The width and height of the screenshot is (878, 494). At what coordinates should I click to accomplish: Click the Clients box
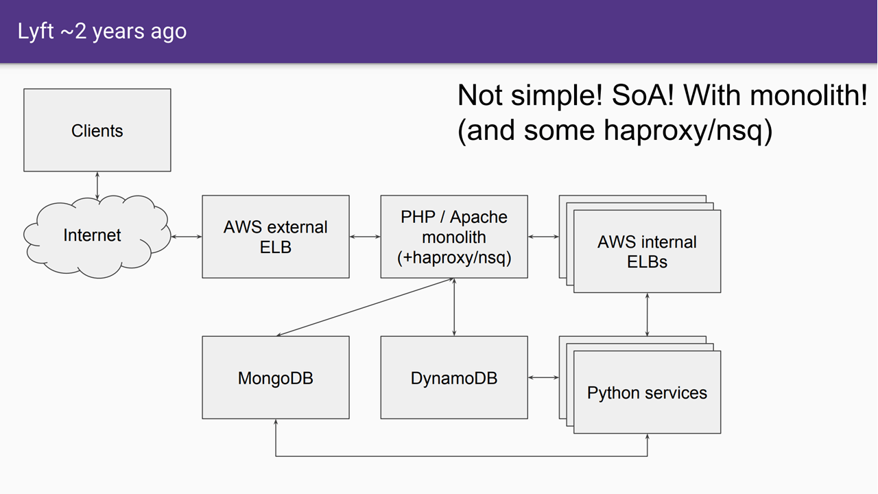97,130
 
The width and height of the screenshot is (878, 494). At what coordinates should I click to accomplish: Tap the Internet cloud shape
97,237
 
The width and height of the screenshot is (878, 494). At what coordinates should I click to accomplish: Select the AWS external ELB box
276,237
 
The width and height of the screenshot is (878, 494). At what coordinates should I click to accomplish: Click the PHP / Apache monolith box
454,237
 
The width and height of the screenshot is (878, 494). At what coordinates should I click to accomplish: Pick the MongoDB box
276,377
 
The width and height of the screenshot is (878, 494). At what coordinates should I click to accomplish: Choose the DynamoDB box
454,377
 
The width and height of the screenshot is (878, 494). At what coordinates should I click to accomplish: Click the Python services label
647,393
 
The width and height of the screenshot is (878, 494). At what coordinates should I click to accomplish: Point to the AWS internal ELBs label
647,252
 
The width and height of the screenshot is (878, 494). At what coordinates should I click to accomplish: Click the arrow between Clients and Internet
97,186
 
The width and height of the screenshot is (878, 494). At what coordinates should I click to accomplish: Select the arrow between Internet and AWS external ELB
187,237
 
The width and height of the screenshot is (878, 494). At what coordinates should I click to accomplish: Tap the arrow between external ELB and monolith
365,237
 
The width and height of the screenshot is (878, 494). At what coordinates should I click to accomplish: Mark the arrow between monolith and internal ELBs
543,237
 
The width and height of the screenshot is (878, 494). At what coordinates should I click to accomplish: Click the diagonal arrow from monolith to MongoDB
365,307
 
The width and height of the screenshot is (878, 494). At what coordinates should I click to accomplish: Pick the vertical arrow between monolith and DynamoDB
454,307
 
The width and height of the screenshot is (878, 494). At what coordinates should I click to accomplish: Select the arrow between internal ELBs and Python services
647,314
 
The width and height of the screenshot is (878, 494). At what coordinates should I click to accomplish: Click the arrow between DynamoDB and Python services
543,377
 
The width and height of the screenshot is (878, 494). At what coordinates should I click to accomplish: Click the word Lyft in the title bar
35,32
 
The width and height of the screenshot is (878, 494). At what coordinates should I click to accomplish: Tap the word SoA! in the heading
643,95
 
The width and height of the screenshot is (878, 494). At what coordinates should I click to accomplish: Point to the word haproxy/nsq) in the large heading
688,130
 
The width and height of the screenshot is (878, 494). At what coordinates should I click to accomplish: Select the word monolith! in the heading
808,95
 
